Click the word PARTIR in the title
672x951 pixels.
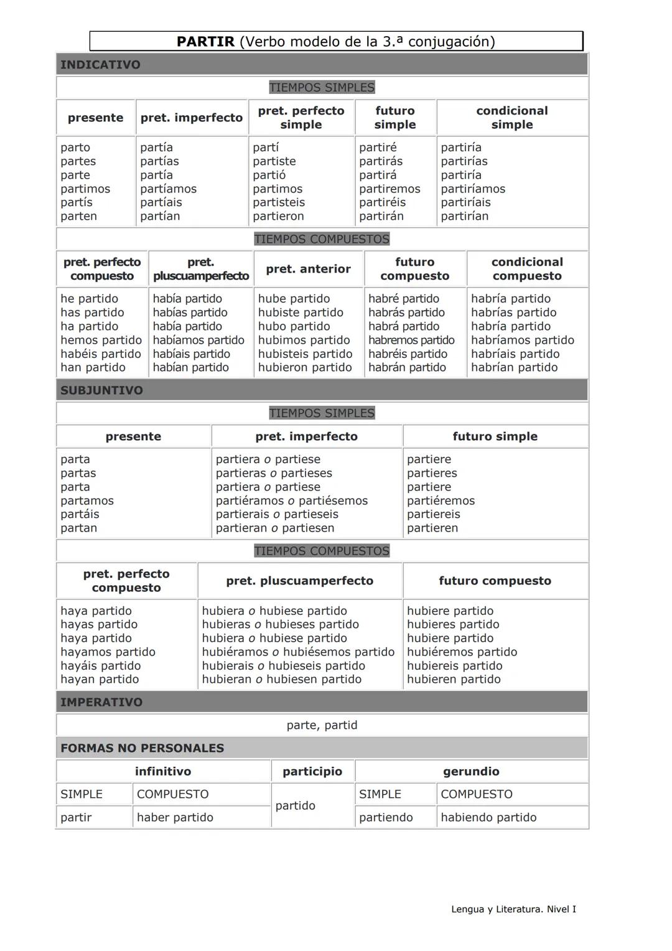(x=205, y=42)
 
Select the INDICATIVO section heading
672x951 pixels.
(x=100, y=65)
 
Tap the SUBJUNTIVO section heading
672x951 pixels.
(x=101, y=390)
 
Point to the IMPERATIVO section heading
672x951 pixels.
(x=101, y=702)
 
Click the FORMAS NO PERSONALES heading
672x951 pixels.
(x=142, y=748)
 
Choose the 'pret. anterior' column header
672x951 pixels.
(x=308, y=269)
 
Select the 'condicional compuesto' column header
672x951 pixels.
(x=527, y=269)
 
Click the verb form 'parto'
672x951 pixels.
(x=75, y=148)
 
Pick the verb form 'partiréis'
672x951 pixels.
(x=382, y=202)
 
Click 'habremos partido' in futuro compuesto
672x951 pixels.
(x=411, y=340)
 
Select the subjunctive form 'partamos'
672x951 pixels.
(x=87, y=500)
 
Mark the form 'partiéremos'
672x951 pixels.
(x=441, y=500)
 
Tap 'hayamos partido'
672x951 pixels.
(x=108, y=652)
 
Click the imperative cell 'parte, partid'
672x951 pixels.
(x=322, y=725)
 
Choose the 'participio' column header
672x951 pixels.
(x=312, y=771)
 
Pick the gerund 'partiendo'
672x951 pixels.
(x=386, y=817)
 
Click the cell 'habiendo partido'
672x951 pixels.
(x=488, y=817)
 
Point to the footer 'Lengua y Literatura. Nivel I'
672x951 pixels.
(x=513, y=909)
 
